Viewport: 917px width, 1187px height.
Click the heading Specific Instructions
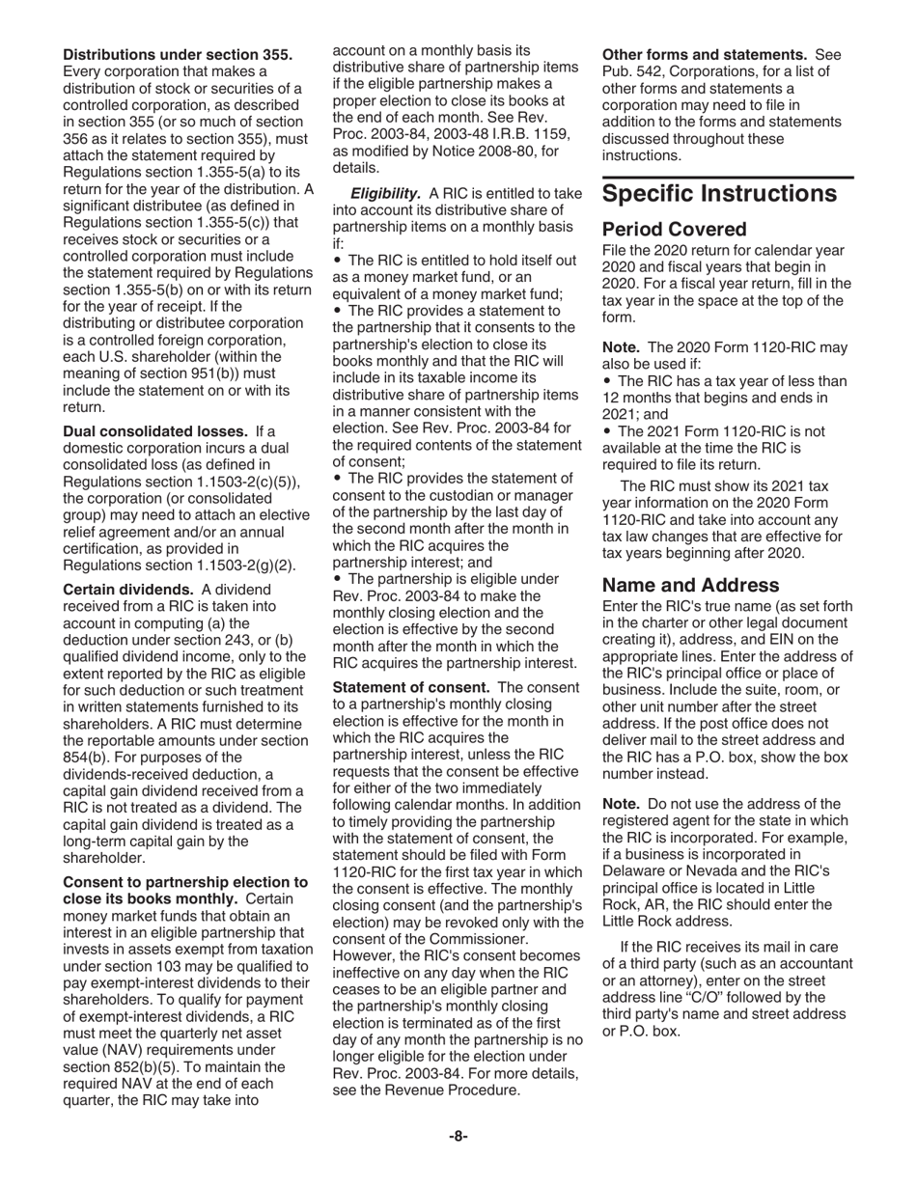719,194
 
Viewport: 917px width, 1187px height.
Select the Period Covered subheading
674,230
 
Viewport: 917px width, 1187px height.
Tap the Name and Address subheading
690,585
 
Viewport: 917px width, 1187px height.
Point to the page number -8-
458,1136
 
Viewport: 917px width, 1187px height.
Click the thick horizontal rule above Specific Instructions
728,178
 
